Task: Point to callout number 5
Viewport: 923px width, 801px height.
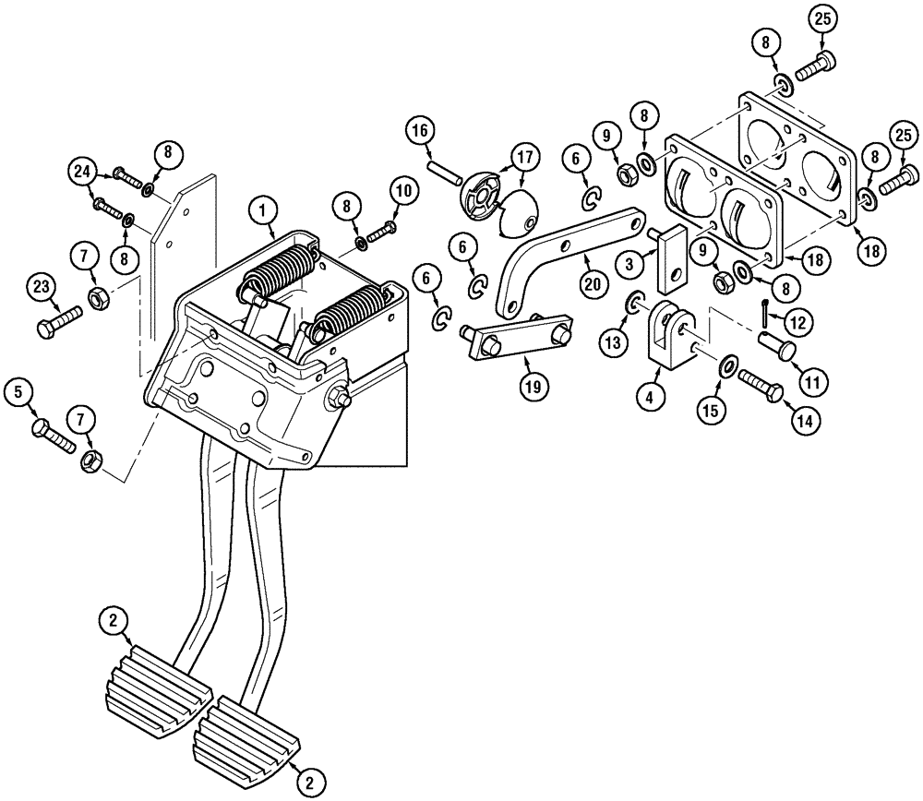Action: coord(17,391)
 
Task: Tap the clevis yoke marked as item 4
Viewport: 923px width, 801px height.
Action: coord(671,333)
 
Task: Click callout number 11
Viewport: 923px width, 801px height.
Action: coord(814,379)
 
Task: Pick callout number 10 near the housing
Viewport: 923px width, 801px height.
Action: coord(402,191)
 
